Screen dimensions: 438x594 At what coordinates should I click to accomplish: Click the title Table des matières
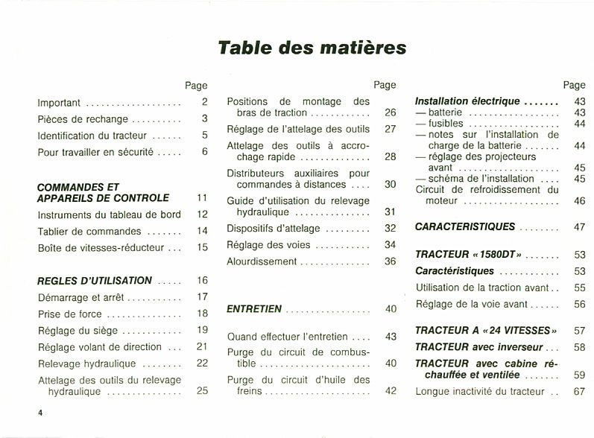312,48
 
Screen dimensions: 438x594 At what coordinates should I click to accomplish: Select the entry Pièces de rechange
83,118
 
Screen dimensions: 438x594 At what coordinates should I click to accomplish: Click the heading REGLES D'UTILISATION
95,281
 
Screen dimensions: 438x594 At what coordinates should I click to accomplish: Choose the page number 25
202,390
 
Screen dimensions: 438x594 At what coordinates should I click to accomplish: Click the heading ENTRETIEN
254,308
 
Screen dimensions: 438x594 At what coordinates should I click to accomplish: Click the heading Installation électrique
467,101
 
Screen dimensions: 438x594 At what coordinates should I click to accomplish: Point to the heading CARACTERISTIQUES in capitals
464,226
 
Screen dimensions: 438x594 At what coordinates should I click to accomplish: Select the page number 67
579,390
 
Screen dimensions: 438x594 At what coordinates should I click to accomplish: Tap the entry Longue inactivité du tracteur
481,390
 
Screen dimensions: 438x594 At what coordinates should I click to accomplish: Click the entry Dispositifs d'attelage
273,228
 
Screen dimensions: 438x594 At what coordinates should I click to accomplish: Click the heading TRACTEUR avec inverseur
478,347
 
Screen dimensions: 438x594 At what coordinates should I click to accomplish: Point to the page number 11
202,198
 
